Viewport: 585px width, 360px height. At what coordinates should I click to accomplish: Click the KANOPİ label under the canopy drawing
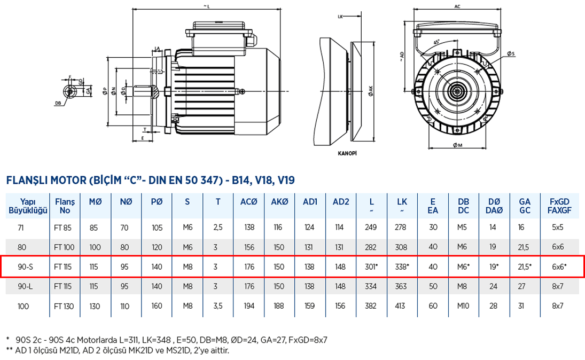[x=347, y=153]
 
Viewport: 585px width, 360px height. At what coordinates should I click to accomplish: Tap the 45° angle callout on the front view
[x=437, y=42]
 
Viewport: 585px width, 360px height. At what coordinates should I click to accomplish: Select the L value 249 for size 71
[x=371, y=228]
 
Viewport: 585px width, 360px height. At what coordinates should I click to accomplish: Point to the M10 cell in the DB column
[x=464, y=306]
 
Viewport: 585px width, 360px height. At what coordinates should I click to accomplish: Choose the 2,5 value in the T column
[x=218, y=228]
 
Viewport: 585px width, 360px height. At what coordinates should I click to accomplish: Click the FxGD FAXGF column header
[x=559, y=206]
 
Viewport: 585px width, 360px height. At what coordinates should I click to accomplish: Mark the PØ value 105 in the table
[x=157, y=228]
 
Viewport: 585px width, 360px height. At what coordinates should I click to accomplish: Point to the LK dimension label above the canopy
[x=340, y=17]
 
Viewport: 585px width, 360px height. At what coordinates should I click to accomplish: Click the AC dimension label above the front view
[x=457, y=7]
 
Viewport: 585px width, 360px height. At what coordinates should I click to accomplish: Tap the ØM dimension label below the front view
[x=457, y=146]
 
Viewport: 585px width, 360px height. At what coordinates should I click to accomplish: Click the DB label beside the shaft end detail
[x=57, y=103]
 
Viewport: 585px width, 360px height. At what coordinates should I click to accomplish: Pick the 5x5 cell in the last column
[x=559, y=228]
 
